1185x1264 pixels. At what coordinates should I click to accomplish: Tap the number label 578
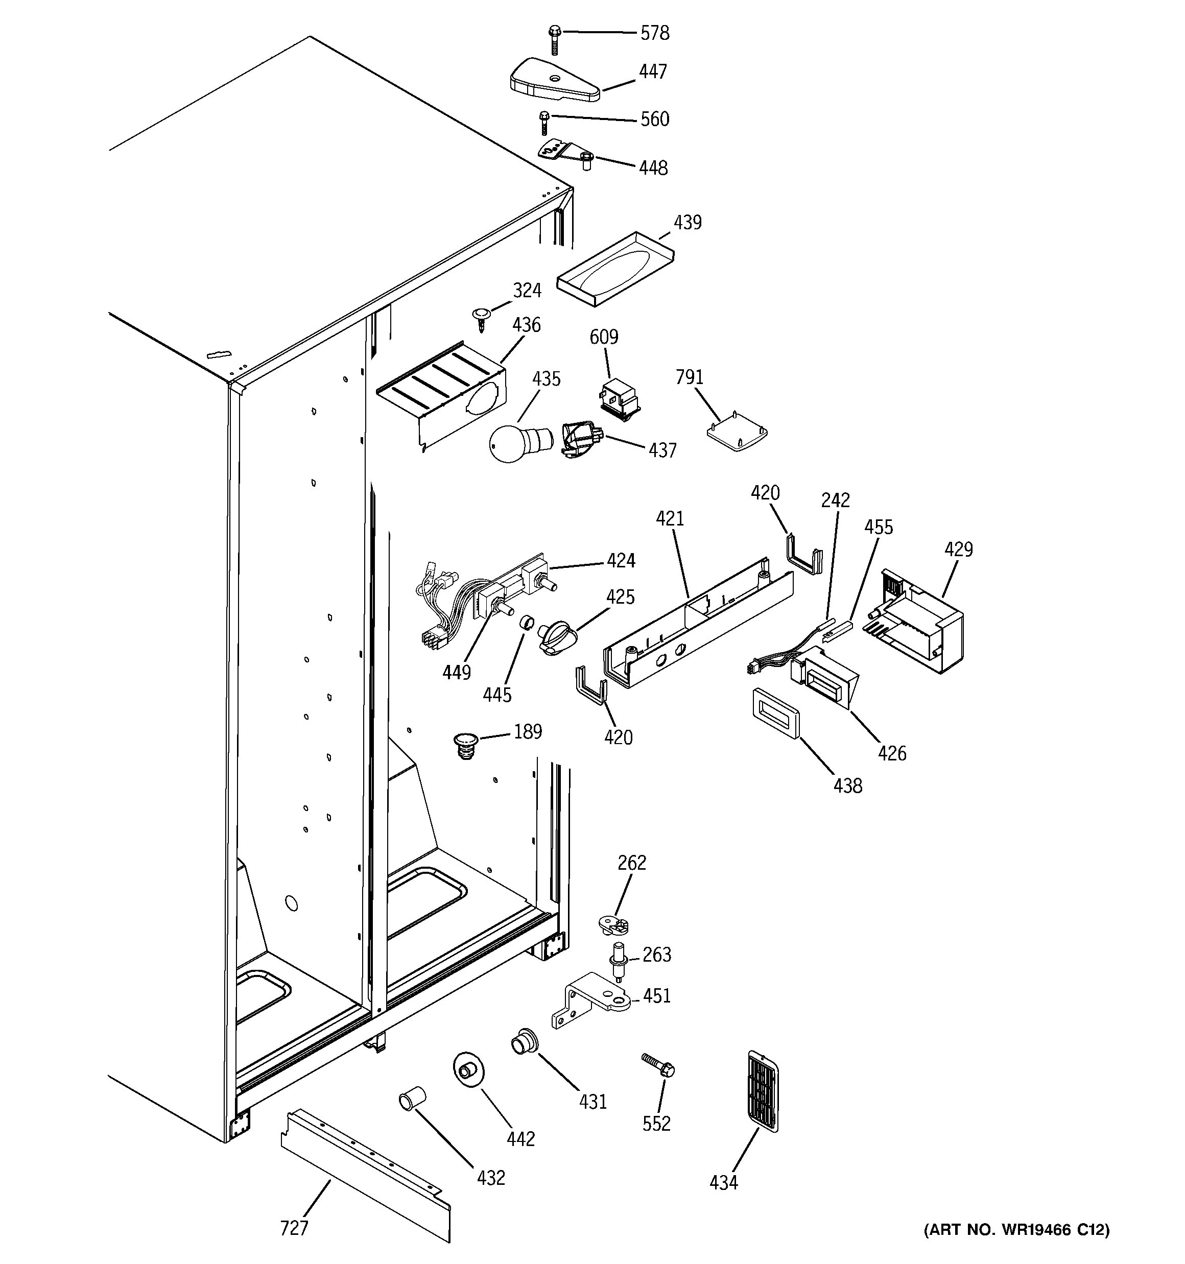pos(654,33)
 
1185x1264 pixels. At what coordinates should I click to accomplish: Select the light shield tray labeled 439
pos(615,268)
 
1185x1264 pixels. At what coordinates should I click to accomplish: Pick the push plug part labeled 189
pos(466,745)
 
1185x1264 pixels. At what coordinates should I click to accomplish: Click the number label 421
pos(669,519)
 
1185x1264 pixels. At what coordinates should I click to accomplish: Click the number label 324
pos(527,291)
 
